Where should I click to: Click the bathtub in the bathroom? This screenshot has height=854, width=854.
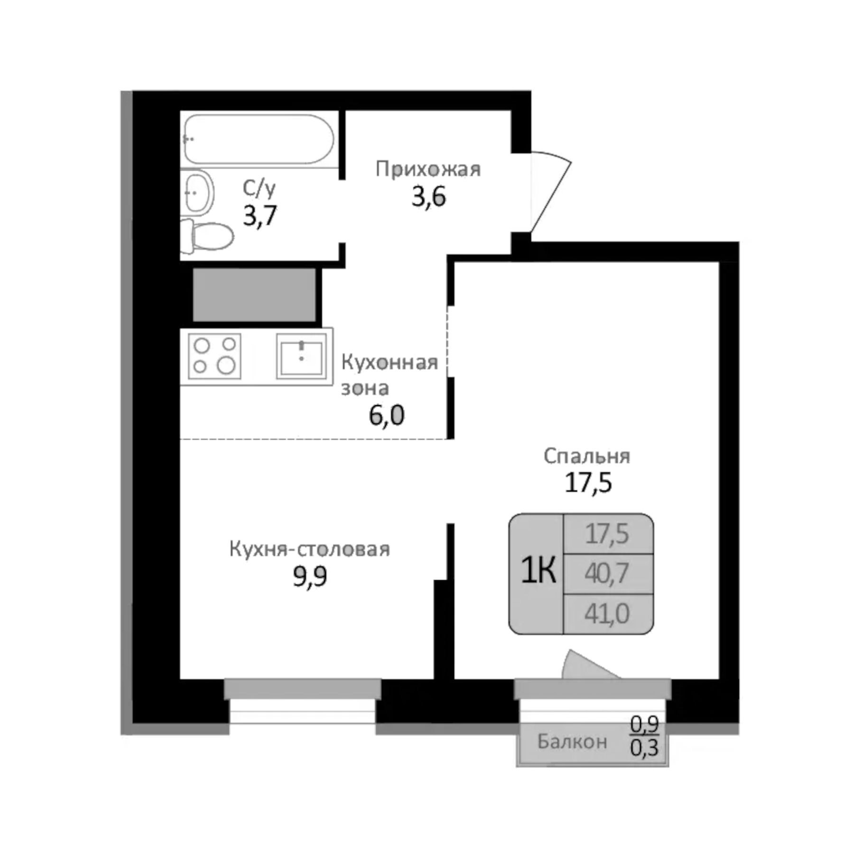coord(259,139)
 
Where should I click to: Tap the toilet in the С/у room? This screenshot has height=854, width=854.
coord(209,235)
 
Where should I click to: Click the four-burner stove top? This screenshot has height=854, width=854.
coord(214,356)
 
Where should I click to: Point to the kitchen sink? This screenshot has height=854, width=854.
coord(302,356)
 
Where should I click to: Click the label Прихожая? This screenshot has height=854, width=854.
coord(428,169)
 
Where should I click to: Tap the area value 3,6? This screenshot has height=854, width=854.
coord(428,196)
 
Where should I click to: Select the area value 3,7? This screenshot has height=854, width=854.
coord(260,216)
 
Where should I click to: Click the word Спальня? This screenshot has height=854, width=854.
coord(587,456)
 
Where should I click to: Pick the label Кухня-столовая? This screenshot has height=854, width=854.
coord(309,549)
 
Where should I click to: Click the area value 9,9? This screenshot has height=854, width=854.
coord(310,576)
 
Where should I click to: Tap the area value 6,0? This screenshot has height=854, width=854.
coord(387,415)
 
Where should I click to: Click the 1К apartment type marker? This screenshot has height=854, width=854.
coord(538,570)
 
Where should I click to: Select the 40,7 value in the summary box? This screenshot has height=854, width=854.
coord(607,573)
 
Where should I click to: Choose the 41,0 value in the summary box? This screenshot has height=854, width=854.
coord(607,613)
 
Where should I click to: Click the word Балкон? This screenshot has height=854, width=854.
coord(572,741)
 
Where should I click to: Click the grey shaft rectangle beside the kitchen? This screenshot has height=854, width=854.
coord(254,295)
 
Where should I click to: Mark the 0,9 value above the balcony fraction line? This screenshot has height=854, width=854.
coord(644,724)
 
